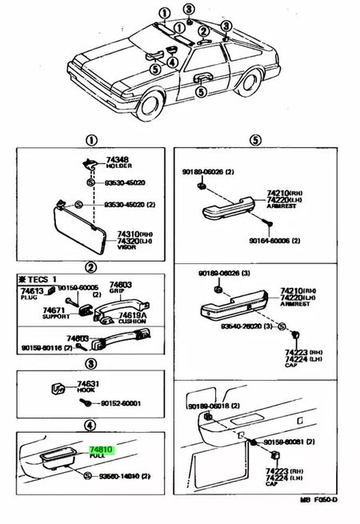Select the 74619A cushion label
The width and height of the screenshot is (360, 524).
tap(133, 315)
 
